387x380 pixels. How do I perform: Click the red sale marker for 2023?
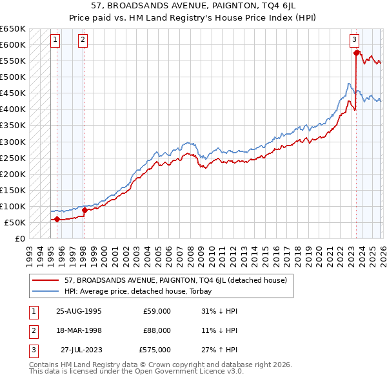click(x=356, y=53)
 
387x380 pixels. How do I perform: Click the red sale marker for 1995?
click(x=57, y=219)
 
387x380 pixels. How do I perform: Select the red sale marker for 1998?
click(x=84, y=210)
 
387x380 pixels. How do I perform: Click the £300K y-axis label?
click(x=13, y=142)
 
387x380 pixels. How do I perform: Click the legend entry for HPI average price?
click(x=143, y=291)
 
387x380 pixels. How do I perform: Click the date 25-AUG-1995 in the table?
click(x=74, y=311)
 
